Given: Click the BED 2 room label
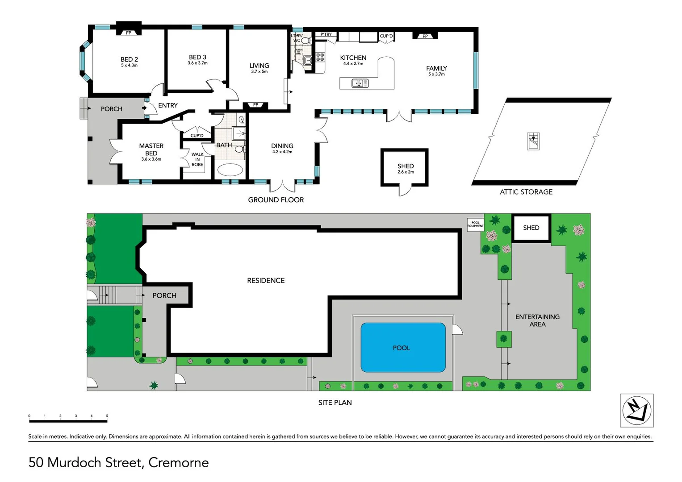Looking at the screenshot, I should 129,59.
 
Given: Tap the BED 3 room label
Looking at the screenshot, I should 197,57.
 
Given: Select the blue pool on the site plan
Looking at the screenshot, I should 403,348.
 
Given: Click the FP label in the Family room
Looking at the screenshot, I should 425,36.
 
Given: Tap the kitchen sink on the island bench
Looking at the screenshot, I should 360,83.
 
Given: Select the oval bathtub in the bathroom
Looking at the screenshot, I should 230,170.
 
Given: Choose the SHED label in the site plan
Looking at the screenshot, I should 531,228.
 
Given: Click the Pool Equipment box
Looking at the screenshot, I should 475,224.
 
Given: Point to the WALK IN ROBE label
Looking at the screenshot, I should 197,159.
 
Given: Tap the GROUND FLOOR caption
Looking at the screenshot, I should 276,200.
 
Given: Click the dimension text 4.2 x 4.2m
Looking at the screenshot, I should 282,152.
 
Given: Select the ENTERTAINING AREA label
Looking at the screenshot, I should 537,320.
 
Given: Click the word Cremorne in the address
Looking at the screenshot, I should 178,462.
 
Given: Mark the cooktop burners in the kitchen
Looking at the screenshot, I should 320,57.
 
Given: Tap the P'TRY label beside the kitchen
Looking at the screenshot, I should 326,34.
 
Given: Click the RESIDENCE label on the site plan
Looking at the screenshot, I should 266,280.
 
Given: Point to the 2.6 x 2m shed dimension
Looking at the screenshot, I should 406,172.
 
